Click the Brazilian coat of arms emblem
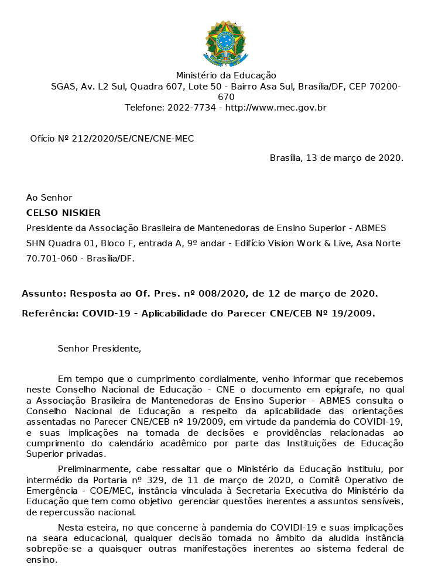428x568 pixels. click(225, 43)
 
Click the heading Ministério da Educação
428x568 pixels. click(226, 75)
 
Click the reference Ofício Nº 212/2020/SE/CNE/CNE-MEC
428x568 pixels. click(112, 139)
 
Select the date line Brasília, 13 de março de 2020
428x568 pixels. click(336, 158)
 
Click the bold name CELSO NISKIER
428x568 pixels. click(63, 212)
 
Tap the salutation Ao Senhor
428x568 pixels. click(49, 198)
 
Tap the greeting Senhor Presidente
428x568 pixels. click(100, 349)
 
